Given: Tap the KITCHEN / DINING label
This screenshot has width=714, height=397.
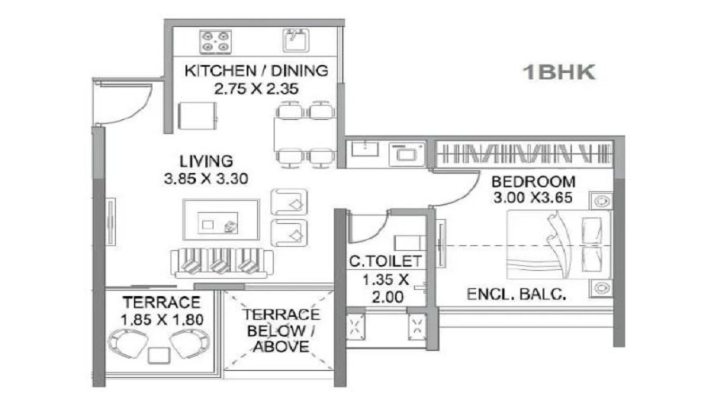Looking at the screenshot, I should coord(255,71).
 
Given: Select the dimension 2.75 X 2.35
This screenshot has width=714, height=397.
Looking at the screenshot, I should coord(255,89).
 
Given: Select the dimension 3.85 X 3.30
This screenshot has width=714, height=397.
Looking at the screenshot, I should coord(205,179).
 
